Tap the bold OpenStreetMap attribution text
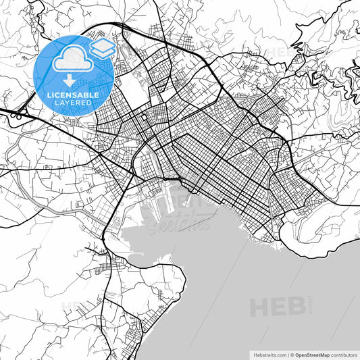[310, 354]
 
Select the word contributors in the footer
[344, 354]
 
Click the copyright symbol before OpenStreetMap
[292, 354]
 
